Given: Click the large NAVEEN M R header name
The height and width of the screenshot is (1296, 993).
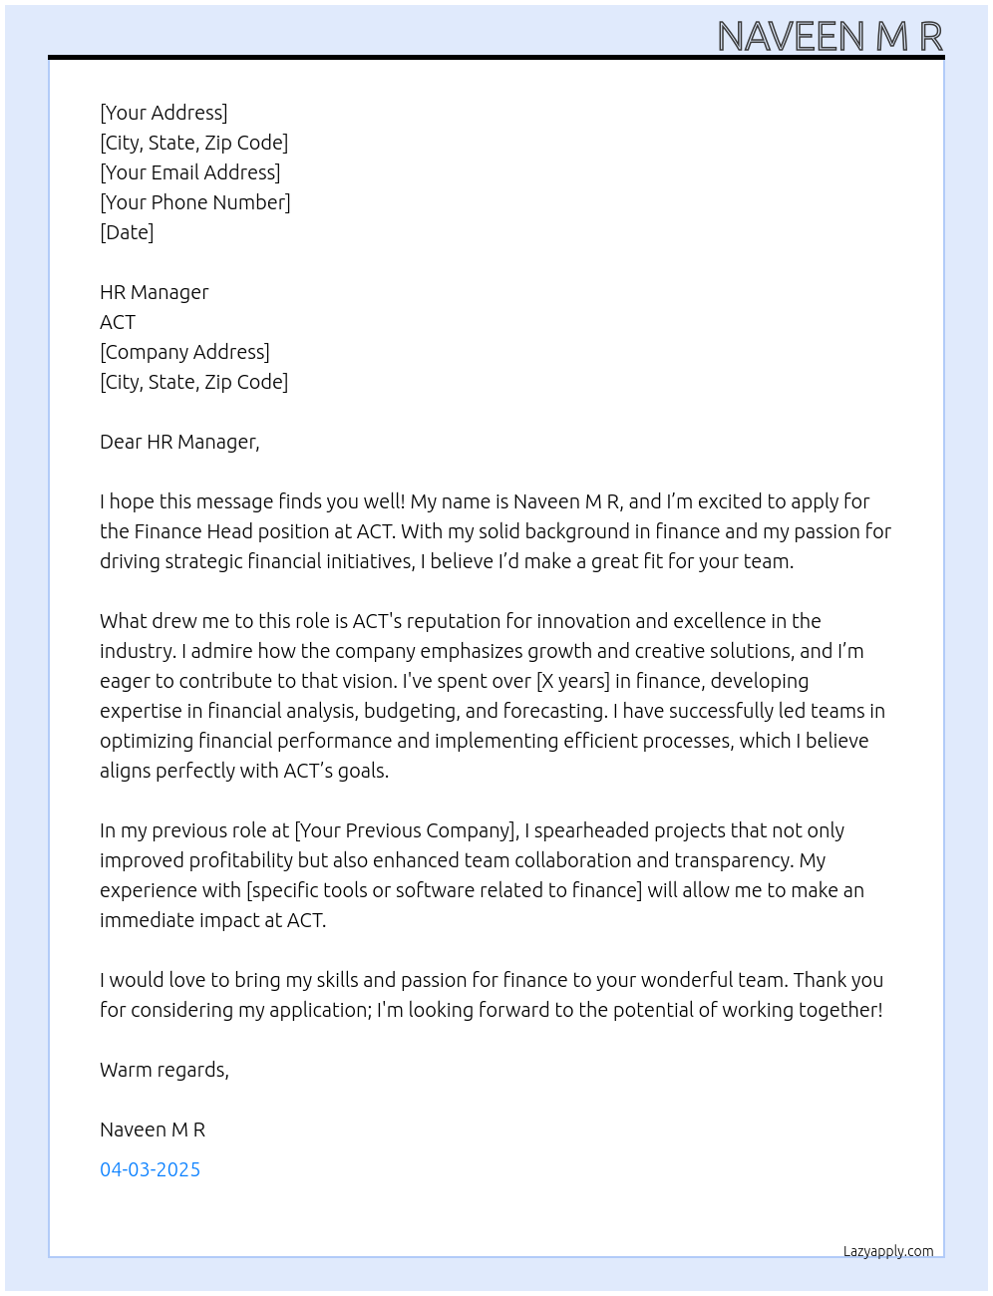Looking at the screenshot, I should (829, 36).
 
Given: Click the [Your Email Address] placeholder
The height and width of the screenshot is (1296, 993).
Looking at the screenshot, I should (190, 172).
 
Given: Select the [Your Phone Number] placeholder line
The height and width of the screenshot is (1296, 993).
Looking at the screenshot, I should (195, 202).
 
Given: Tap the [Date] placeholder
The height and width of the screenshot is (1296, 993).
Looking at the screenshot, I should (127, 232).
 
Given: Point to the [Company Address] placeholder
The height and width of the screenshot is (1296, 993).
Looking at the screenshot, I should (184, 352).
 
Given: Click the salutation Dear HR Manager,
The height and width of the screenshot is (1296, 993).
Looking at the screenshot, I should (179, 442).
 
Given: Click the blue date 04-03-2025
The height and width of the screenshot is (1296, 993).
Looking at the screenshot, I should (150, 1169).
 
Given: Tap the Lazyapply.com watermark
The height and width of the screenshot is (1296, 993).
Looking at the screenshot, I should (888, 1251).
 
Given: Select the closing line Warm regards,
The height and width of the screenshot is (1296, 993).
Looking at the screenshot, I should (165, 1070).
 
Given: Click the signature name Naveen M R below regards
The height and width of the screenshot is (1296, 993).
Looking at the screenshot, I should (153, 1130).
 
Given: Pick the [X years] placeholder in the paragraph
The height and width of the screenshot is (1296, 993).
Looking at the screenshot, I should (572, 681).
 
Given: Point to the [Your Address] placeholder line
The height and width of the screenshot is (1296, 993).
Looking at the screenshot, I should (164, 113).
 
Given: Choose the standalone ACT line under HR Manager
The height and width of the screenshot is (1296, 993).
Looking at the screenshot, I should (118, 322).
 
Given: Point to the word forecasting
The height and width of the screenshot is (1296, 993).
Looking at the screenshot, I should (554, 711).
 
